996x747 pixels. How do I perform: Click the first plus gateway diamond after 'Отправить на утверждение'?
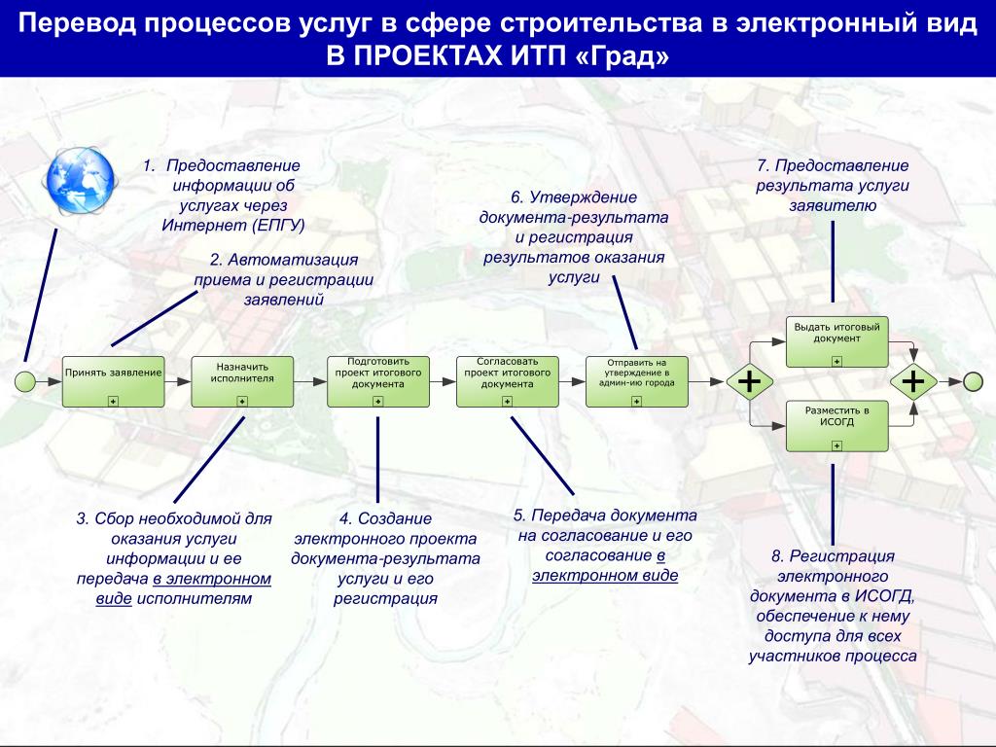point(749,381)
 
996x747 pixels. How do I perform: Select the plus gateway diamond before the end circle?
point(913,381)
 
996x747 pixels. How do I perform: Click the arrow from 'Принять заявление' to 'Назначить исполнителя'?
point(177,381)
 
